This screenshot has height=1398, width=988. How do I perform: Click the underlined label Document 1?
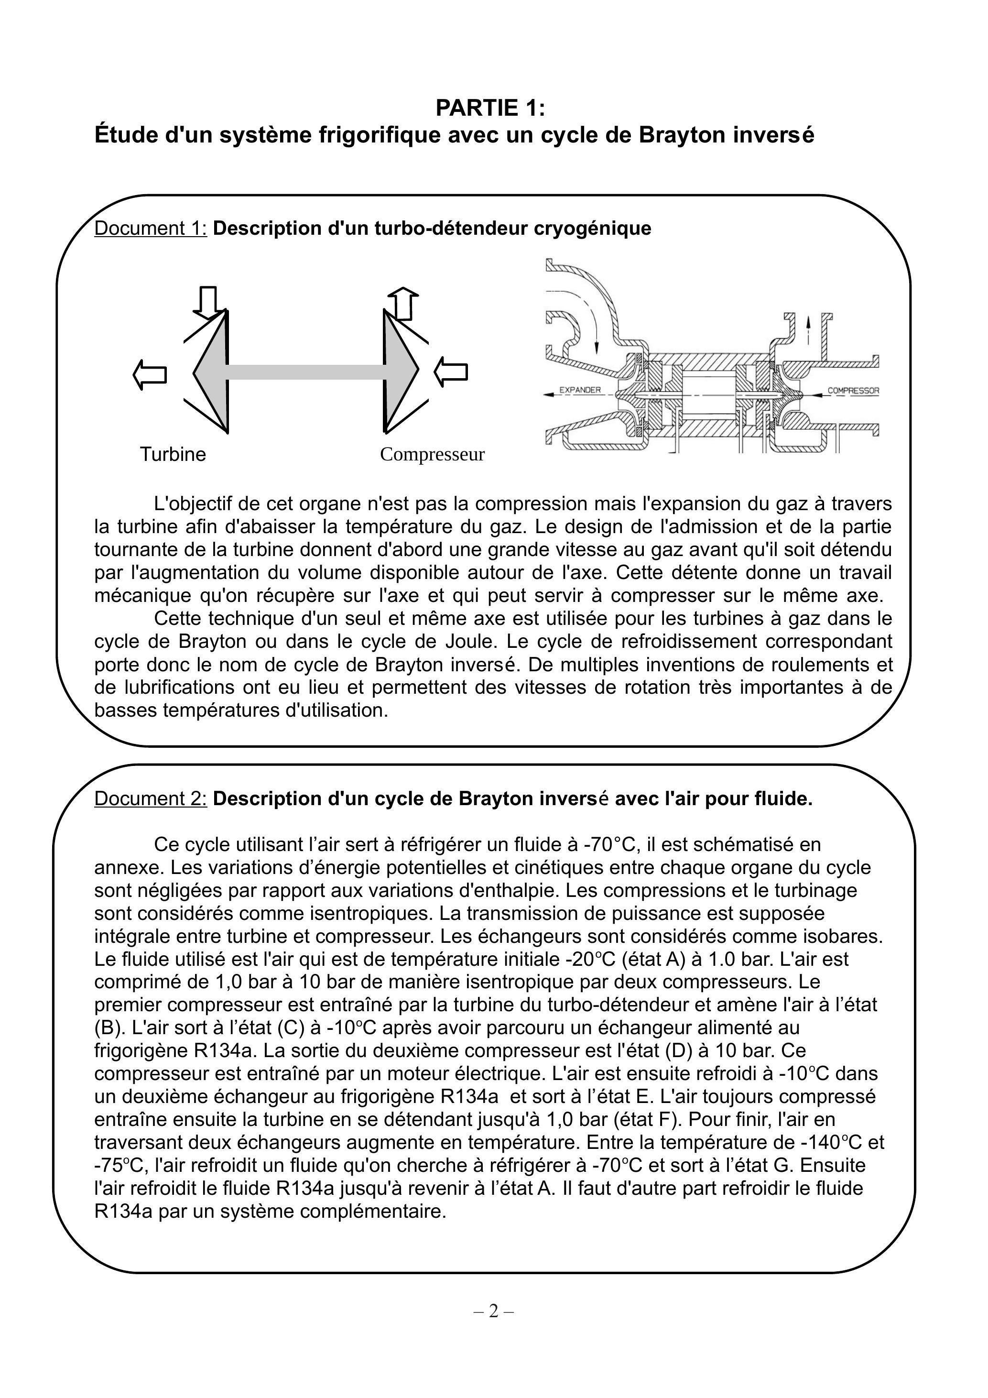point(151,229)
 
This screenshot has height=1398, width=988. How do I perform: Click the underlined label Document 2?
point(151,798)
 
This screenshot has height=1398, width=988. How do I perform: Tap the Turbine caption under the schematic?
point(173,454)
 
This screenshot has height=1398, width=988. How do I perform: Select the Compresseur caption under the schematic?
point(432,454)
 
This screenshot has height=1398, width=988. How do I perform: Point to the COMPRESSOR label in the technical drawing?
point(853,390)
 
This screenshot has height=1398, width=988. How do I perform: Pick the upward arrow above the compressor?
point(403,303)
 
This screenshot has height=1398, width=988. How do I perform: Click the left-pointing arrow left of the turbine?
point(150,374)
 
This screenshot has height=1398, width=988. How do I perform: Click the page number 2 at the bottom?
point(493,1311)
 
